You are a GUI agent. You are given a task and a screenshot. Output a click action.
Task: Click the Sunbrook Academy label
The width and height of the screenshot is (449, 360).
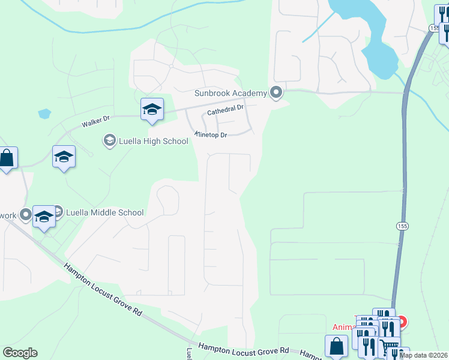(x=230, y=93)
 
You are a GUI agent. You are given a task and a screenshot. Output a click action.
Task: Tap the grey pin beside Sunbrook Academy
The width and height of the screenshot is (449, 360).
(x=276, y=93)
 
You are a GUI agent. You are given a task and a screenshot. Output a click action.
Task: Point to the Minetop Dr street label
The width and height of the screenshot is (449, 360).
(x=210, y=134)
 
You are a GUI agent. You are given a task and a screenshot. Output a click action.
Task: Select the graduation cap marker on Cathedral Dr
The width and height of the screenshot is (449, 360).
(x=152, y=109)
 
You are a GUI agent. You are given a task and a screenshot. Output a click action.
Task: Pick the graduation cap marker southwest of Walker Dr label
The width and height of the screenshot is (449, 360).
(x=64, y=157)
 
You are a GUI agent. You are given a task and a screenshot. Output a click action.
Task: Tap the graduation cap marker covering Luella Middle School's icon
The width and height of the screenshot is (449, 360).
(x=44, y=217)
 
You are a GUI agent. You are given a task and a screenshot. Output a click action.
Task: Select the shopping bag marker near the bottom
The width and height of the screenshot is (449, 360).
(x=336, y=346)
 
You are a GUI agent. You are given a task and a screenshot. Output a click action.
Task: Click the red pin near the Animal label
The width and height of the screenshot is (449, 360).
(x=400, y=322)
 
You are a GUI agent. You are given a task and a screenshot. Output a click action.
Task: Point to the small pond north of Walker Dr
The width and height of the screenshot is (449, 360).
(x=44, y=113)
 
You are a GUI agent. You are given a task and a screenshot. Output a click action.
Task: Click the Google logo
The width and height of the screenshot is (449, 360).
(x=20, y=353)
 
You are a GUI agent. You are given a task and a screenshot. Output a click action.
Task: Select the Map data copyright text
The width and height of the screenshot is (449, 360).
(x=423, y=355)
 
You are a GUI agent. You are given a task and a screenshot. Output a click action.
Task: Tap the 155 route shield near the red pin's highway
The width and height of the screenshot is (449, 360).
(x=400, y=225)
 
